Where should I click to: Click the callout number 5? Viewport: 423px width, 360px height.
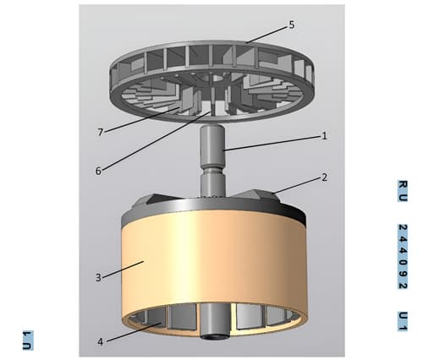(x=292, y=25)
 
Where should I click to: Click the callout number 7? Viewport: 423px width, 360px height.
(x=100, y=132)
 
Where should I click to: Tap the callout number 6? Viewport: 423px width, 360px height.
(x=98, y=171)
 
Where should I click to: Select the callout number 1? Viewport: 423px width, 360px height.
(x=324, y=136)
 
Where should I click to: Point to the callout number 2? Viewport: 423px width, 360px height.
(x=324, y=177)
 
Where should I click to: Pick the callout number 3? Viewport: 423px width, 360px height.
(x=98, y=277)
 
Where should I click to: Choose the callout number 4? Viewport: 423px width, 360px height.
(x=101, y=342)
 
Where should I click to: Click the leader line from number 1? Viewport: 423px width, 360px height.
(x=272, y=144)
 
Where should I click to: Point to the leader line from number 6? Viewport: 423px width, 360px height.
(x=156, y=141)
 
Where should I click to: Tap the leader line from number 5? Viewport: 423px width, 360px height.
(x=267, y=35)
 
